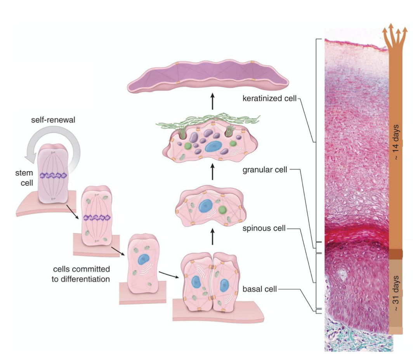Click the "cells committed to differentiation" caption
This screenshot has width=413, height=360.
(82, 273)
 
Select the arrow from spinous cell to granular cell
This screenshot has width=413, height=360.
(213, 173)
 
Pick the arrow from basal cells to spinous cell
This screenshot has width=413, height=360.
(213, 237)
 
